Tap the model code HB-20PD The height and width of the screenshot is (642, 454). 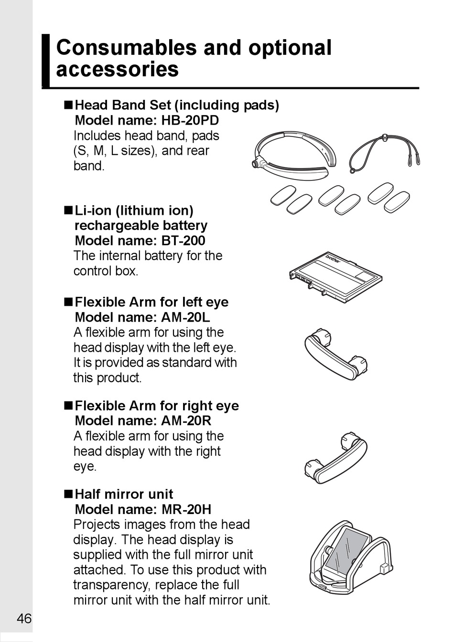tap(190, 120)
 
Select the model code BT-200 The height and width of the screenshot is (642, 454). tap(183, 241)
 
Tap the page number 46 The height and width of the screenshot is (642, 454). tap(24, 619)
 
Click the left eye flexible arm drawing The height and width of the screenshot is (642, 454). tap(336, 353)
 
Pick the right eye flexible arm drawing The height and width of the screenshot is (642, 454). tap(336, 457)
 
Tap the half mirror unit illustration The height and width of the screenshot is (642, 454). tap(351, 558)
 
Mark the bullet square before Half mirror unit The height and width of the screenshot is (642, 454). tap(68, 495)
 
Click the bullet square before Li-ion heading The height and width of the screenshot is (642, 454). tap(68, 210)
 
